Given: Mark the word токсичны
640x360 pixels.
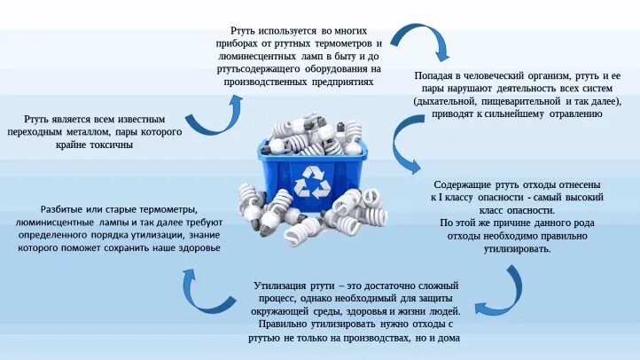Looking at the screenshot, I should point(111,145).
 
